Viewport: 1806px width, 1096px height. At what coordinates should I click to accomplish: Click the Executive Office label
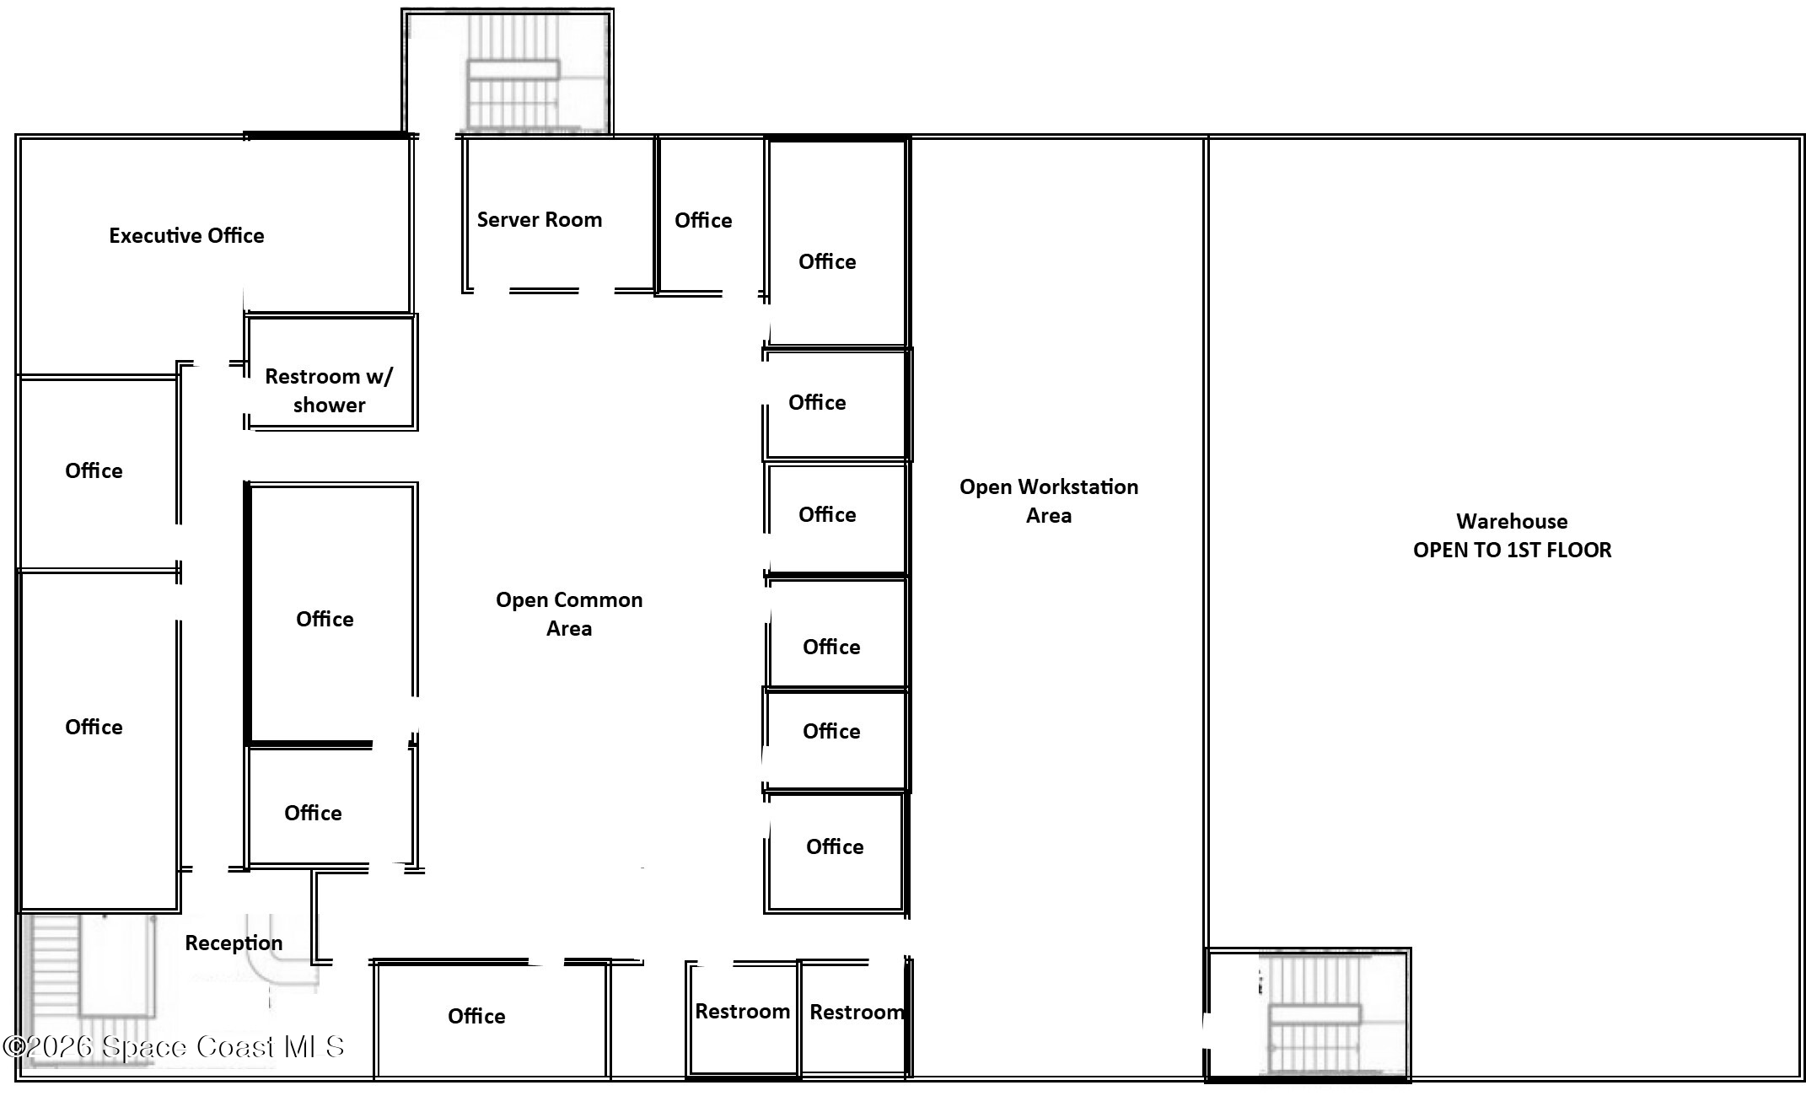click(x=186, y=235)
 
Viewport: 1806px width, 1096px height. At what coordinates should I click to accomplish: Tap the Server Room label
click(x=540, y=220)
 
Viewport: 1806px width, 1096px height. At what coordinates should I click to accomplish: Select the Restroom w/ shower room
click(x=329, y=390)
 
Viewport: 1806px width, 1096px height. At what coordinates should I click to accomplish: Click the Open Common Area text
click(x=569, y=614)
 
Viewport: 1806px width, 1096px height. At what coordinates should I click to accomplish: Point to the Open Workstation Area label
click(x=1049, y=501)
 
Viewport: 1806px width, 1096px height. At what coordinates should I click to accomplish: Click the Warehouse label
click(x=1512, y=521)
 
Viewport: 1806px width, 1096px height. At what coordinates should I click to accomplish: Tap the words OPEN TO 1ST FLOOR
click(x=1512, y=550)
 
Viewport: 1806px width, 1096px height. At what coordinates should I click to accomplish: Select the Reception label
click(x=234, y=943)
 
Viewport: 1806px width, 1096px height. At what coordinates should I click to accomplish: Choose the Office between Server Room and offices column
click(x=703, y=220)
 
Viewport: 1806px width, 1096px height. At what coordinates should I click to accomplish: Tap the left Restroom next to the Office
click(x=742, y=1012)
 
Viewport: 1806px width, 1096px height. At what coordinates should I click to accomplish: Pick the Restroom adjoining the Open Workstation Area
click(x=855, y=1012)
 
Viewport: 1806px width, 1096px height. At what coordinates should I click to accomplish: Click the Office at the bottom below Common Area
click(x=476, y=1016)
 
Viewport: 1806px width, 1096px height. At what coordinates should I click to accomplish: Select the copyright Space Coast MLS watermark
click(x=174, y=1047)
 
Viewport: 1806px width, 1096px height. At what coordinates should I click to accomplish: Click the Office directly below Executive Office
click(x=94, y=470)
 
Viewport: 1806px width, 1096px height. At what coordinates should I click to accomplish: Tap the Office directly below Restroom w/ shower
click(x=325, y=619)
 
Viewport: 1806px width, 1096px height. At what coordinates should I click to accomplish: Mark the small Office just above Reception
click(x=313, y=813)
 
